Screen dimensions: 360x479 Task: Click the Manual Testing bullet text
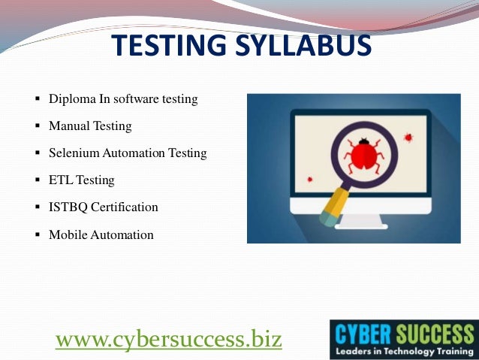(90, 126)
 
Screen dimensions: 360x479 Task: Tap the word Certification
(122, 207)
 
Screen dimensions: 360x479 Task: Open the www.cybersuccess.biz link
(169, 340)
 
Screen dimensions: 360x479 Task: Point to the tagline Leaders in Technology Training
(403, 351)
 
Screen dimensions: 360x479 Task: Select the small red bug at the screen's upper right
(408, 138)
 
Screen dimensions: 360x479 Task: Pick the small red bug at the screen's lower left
(309, 180)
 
